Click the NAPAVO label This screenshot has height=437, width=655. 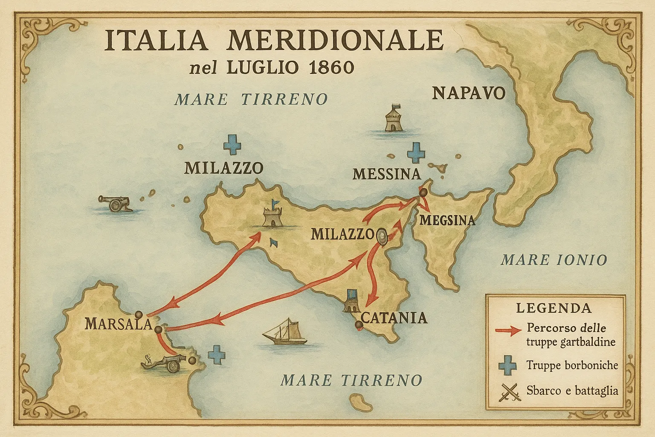(x=468, y=93)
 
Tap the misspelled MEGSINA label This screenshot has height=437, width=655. (x=447, y=220)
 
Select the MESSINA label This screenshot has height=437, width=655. (x=387, y=174)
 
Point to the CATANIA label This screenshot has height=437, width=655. (x=394, y=318)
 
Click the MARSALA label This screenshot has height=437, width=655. (x=118, y=323)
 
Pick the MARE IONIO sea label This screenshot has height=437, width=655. (x=554, y=259)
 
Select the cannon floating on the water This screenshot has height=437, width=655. (x=114, y=203)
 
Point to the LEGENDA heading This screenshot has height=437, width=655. (x=554, y=308)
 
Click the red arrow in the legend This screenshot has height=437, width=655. (x=508, y=331)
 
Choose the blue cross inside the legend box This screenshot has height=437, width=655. (x=507, y=366)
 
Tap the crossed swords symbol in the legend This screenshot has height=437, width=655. (x=510, y=391)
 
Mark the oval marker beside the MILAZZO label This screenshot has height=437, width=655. (x=381, y=236)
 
